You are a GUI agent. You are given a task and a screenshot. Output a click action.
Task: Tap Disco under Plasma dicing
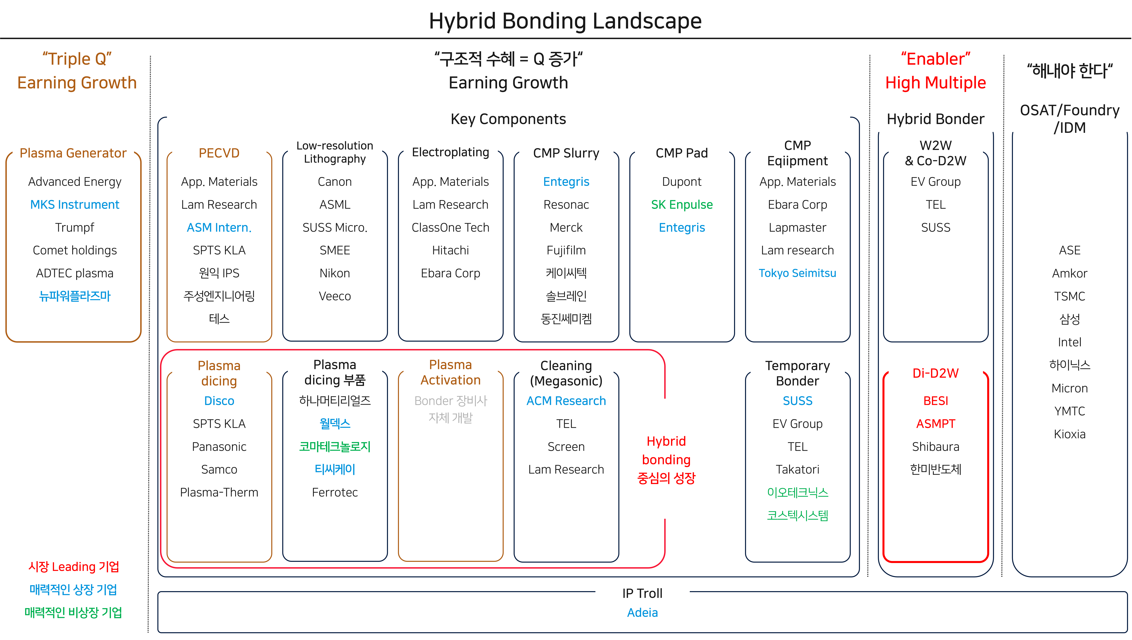(219, 401)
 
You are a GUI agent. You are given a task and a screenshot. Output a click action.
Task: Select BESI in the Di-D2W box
(936, 401)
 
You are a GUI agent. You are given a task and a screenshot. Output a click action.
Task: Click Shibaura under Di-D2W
(936, 447)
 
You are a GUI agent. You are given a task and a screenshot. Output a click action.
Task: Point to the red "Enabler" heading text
(936, 59)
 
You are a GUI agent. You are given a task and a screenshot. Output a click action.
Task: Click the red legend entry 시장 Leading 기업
(73, 567)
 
